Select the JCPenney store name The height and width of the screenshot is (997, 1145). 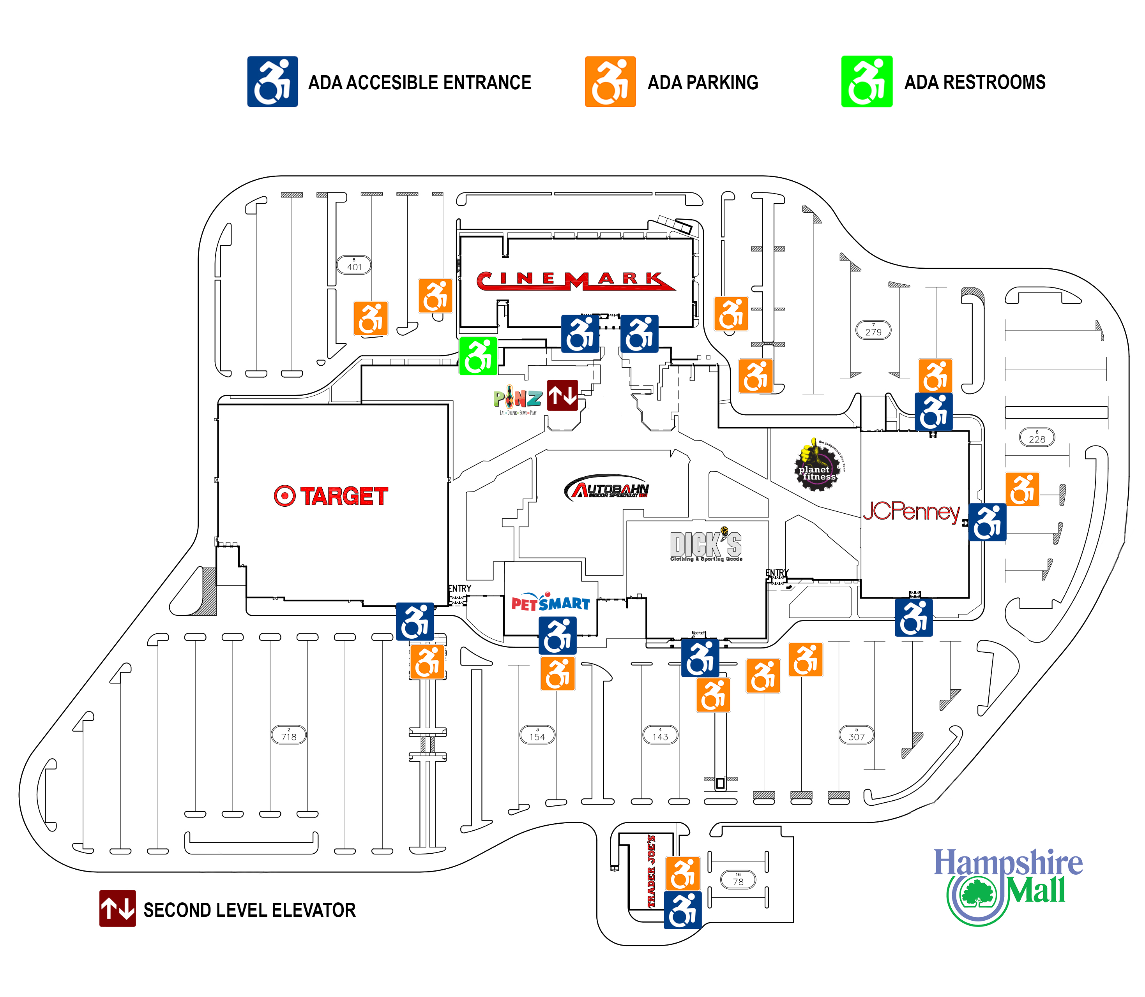tap(911, 511)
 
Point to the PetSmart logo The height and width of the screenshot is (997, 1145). tap(550, 602)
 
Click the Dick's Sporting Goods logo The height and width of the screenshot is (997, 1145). tap(706, 545)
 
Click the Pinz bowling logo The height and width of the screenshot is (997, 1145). tap(517, 399)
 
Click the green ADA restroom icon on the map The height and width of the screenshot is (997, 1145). tap(477, 356)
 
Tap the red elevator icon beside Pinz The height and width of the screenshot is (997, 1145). tap(562, 395)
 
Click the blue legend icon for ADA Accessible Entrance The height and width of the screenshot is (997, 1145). tap(272, 81)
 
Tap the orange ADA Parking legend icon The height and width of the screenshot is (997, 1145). tap(610, 81)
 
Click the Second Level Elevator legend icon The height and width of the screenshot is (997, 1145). tap(117, 909)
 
